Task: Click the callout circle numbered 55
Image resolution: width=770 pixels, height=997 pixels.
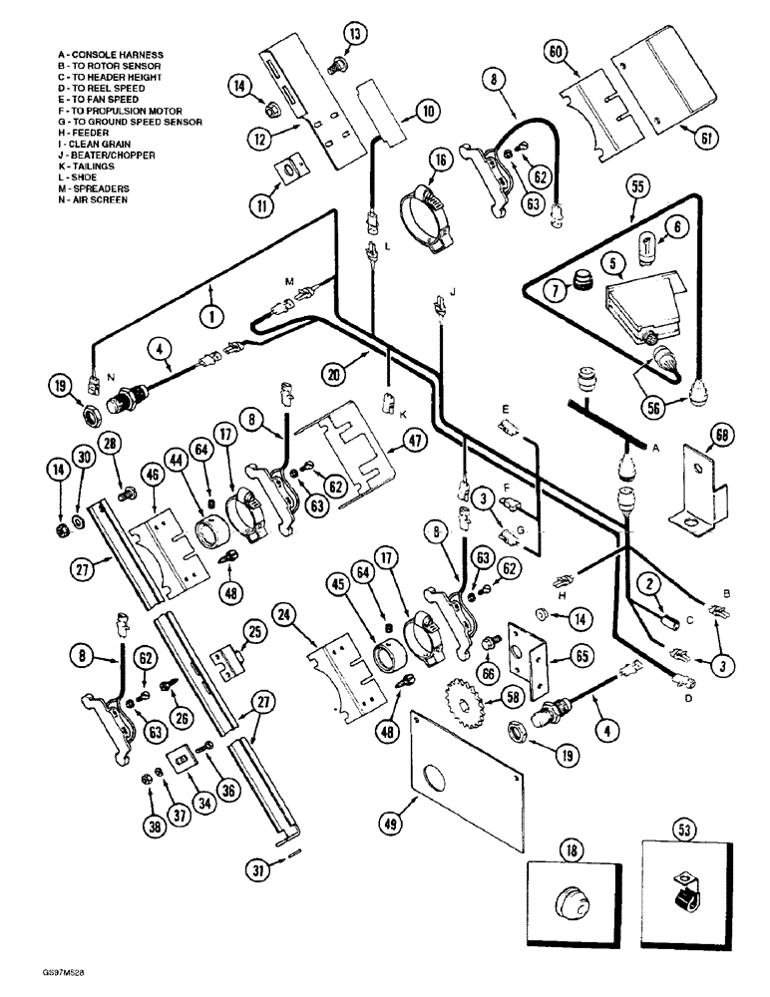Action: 633,186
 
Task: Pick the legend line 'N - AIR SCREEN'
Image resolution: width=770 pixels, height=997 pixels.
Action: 93,199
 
